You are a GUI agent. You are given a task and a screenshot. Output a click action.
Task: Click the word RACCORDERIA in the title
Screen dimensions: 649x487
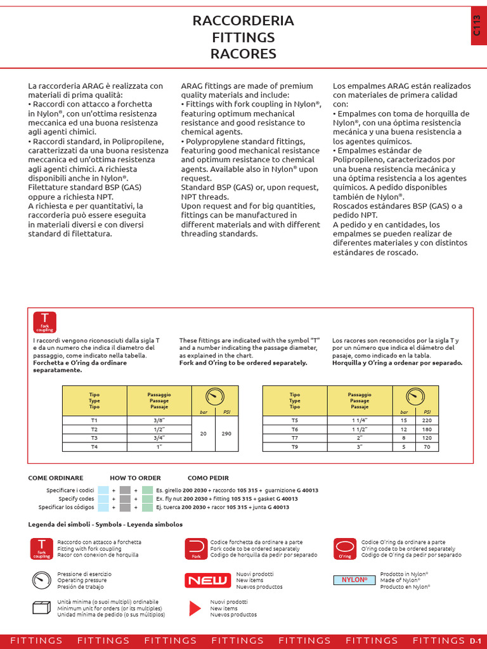tap(243, 21)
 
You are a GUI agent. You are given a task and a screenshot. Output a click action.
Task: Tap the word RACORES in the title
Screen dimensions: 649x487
tap(243, 54)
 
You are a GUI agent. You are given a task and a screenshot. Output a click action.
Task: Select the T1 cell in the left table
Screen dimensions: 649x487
tap(94, 420)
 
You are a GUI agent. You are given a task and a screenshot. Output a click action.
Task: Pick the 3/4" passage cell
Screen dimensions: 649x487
tap(159, 437)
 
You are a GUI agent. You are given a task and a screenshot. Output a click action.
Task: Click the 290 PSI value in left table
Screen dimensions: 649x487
tap(227, 434)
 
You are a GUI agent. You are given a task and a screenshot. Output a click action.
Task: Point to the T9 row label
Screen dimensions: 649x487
tap(294, 446)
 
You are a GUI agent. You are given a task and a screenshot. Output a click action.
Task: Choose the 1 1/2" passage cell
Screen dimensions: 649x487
tap(359, 429)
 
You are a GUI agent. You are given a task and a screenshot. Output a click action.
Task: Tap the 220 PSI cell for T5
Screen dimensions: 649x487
tap(427, 420)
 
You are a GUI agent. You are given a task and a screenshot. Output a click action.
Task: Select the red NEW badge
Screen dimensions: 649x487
tap(203, 580)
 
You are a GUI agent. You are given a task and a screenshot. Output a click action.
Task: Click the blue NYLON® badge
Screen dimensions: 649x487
tap(354, 580)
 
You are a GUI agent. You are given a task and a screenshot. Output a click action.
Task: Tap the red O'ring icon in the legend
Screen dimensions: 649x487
tap(345, 549)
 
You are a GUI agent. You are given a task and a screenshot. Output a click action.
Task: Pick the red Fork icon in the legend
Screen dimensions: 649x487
tap(196, 549)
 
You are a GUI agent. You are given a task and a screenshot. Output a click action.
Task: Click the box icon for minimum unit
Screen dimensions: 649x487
tap(41, 608)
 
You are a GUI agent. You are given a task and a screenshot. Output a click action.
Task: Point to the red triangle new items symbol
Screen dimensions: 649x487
tap(195, 608)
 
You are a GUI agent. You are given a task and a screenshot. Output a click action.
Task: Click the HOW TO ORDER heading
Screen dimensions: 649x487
tap(135, 478)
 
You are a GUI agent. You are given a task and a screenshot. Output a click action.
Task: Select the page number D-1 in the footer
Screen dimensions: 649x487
tap(476, 641)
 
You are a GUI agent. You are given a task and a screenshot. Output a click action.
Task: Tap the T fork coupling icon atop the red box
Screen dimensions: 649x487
tap(44, 322)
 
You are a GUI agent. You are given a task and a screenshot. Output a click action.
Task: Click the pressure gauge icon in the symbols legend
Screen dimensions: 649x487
tap(41, 579)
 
